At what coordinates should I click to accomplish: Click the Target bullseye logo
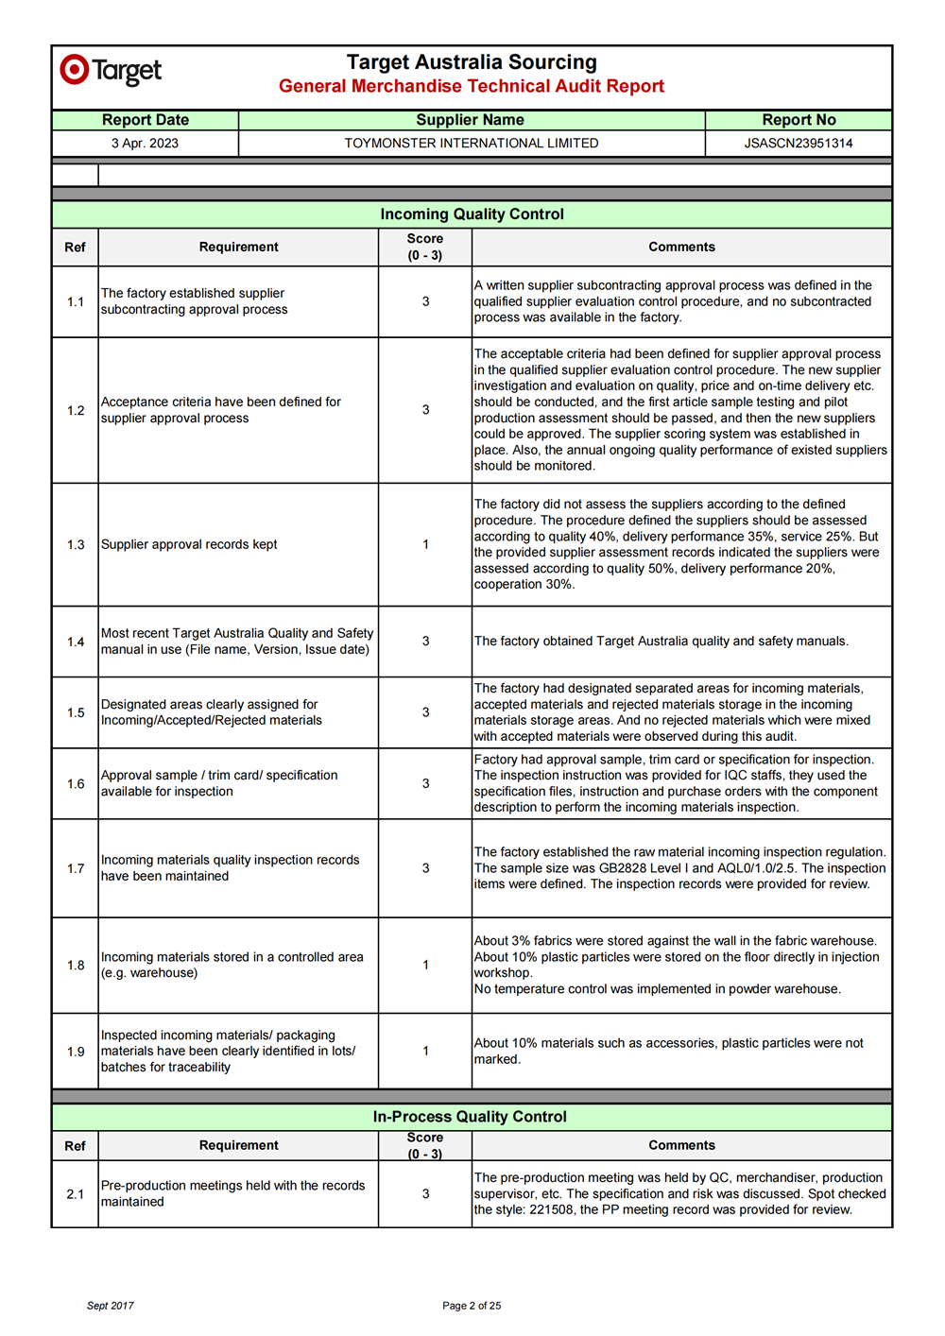click(75, 70)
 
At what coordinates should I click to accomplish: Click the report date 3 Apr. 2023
click(145, 144)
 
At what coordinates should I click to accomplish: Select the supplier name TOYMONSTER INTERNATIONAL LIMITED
click(471, 144)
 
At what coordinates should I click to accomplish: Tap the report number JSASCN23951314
click(798, 144)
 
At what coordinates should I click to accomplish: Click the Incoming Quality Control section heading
click(472, 214)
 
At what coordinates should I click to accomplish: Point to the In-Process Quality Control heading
click(470, 1117)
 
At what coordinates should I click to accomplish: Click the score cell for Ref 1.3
click(425, 544)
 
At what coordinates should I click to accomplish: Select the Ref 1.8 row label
click(76, 965)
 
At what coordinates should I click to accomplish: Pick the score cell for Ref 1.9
click(425, 1051)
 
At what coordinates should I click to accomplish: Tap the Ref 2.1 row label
click(76, 1194)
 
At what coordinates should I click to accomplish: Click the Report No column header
click(799, 120)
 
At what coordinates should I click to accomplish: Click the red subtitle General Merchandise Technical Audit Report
click(472, 86)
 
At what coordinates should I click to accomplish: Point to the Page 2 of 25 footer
click(472, 1306)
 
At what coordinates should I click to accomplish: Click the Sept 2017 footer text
click(111, 1306)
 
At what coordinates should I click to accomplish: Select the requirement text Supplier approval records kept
click(189, 544)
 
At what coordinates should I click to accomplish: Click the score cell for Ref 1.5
click(425, 712)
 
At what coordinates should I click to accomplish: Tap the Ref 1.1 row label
click(76, 301)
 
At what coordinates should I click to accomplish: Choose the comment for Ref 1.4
click(661, 642)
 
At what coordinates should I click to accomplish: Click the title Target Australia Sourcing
click(472, 62)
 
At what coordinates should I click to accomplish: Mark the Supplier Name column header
click(470, 120)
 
